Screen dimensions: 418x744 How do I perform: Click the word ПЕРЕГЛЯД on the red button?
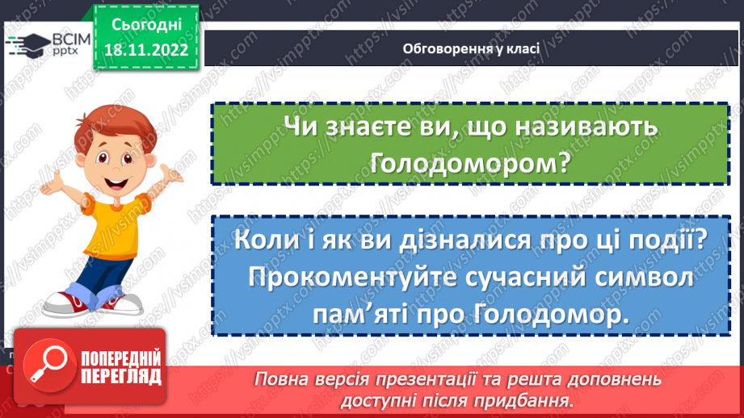click(121, 376)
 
